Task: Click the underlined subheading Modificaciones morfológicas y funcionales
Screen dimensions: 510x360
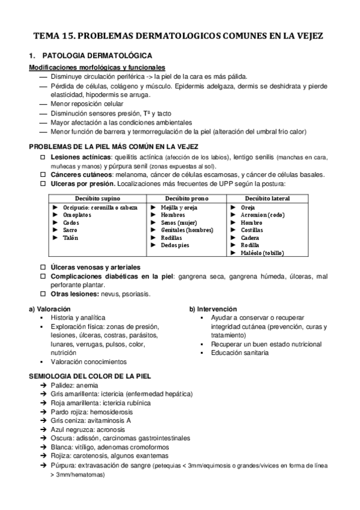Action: pos(97,67)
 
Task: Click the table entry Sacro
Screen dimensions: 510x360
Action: pos(71,230)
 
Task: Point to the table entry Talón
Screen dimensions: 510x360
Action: pos(71,238)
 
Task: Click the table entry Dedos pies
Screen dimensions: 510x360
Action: pos(175,245)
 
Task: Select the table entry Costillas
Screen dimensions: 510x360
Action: pos(252,230)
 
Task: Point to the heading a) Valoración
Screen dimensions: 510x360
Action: pos(49,309)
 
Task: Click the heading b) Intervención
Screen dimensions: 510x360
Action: pos(213,309)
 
